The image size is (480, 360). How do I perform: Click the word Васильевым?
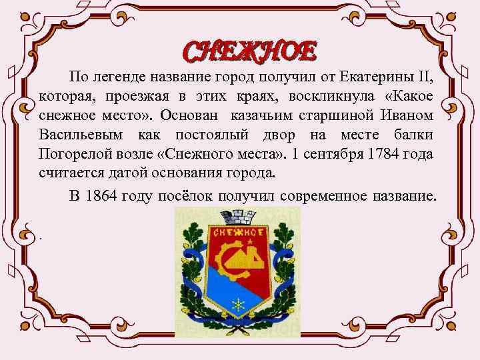pyautogui.click(x=82, y=135)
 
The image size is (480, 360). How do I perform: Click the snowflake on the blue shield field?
pyautogui.click(x=237, y=303)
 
